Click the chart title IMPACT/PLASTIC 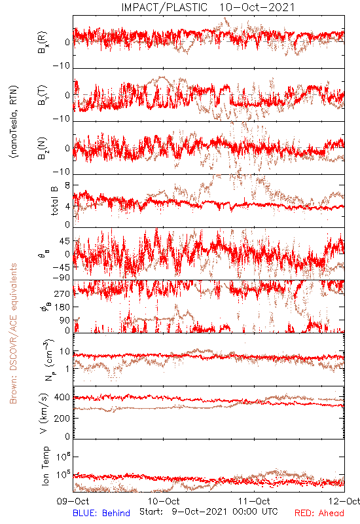pyautogui.click(x=164, y=7)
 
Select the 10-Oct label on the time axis pyautogui.click(x=164, y=501)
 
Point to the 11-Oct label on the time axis pyautogui.click(x=254, y=501)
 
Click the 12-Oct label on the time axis pyautogui.click(x=344, y=501)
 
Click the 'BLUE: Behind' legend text pyautogui.click(x=101, y=513)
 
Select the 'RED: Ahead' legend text pyautogui.click(x=319, y=513)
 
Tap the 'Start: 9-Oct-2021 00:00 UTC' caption pyautogui.click(x=208, y=512)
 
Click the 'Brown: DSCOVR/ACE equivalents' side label pyautogui.click(x=13, y=333)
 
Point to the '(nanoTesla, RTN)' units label pyautogui.click(x=13, y=122)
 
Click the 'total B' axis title pyautogui.click(x=54, y=200)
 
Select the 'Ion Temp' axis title pyautogui.click(x=45, y=466)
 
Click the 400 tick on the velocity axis pyautogui.click(x=62, y=397)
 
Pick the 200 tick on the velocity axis pyautogui.click(x=62, y=418)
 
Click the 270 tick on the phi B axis pyautogui.click(x=62, y=293)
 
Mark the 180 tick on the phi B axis pyautogui.click(x=62, y=307)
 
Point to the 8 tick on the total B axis pyautogui.click(x=67, y=185)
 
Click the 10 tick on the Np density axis pyautogui.click(x=65, y=351)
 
